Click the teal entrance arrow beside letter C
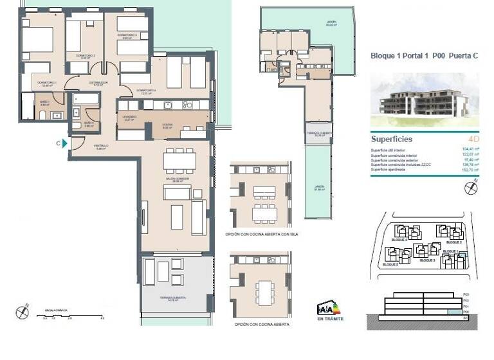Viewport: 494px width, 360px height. (66, 143)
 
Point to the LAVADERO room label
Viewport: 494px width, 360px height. (129, 117)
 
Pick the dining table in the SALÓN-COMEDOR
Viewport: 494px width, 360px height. (179, 159)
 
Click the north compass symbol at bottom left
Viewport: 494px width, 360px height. (23, 312)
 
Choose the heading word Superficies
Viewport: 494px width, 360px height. (392, 139)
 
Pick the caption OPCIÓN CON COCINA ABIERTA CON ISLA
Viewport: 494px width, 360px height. (262, 234)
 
